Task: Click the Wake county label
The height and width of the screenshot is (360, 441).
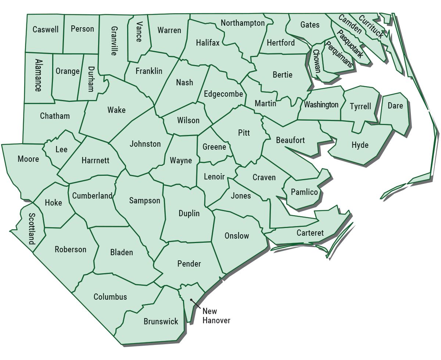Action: click(116, 110)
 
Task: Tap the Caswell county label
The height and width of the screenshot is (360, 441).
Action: click(46, 29)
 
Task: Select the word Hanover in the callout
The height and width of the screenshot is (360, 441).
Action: click(216, 321)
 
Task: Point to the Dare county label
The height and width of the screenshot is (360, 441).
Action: click(395, 106)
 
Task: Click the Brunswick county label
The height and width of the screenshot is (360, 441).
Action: click(161, 321)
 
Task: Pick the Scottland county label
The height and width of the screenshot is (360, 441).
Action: click(32, 229)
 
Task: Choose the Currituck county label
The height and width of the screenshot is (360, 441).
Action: click(371, 27)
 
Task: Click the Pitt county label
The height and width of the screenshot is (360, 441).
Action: click(244, 133)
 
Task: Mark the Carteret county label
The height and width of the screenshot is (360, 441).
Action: click(310, 233)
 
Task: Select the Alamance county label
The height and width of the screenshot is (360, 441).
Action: click(38, 75)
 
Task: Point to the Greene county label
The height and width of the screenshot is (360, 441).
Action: click(214, 147)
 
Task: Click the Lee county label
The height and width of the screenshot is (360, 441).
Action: click(61, 149)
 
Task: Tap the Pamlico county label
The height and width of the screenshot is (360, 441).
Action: click(304, 192)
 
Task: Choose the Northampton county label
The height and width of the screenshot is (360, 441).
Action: click(243, 23)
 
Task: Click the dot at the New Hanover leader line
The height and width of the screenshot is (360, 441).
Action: click(191, 300)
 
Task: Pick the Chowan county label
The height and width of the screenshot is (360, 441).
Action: click(317, 61)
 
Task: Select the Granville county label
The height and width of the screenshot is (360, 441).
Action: click(114, 40)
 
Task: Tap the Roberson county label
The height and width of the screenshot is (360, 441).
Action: click(71, 249)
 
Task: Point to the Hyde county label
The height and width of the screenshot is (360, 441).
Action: click(360, 145)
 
